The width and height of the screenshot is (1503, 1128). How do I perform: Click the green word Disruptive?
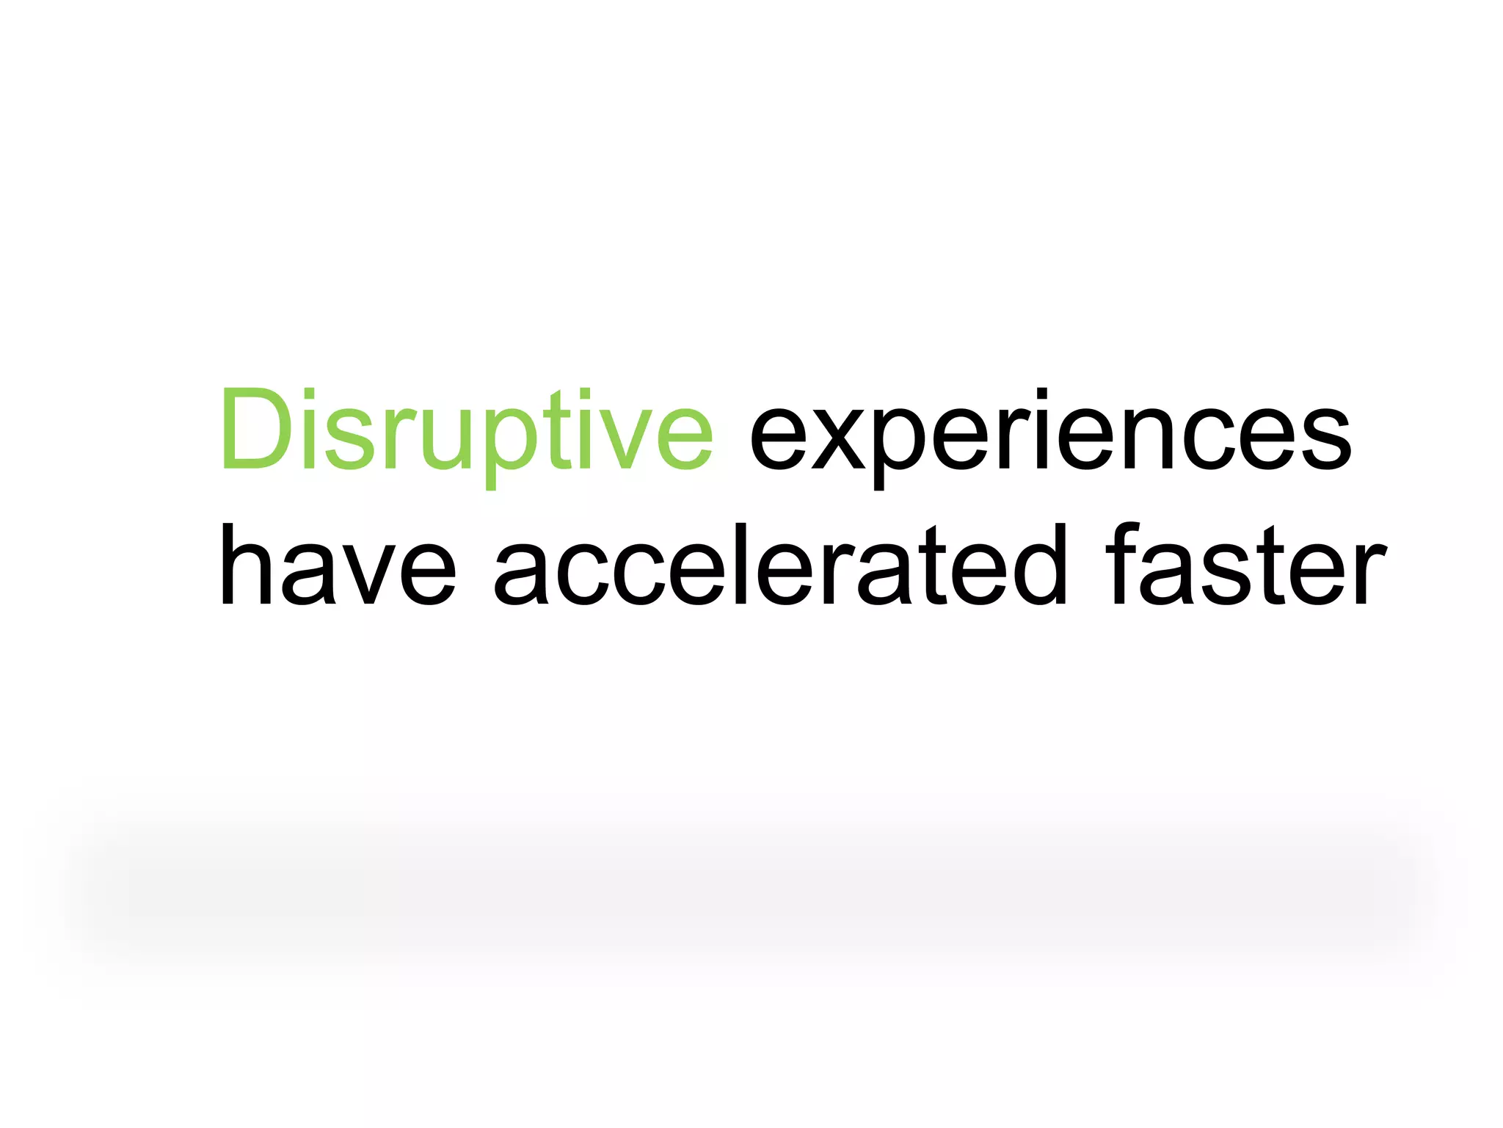(x=467, y=433)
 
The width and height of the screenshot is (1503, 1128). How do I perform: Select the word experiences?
(x=1049, y=437)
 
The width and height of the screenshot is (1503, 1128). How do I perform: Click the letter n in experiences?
(x=1149, y=437)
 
